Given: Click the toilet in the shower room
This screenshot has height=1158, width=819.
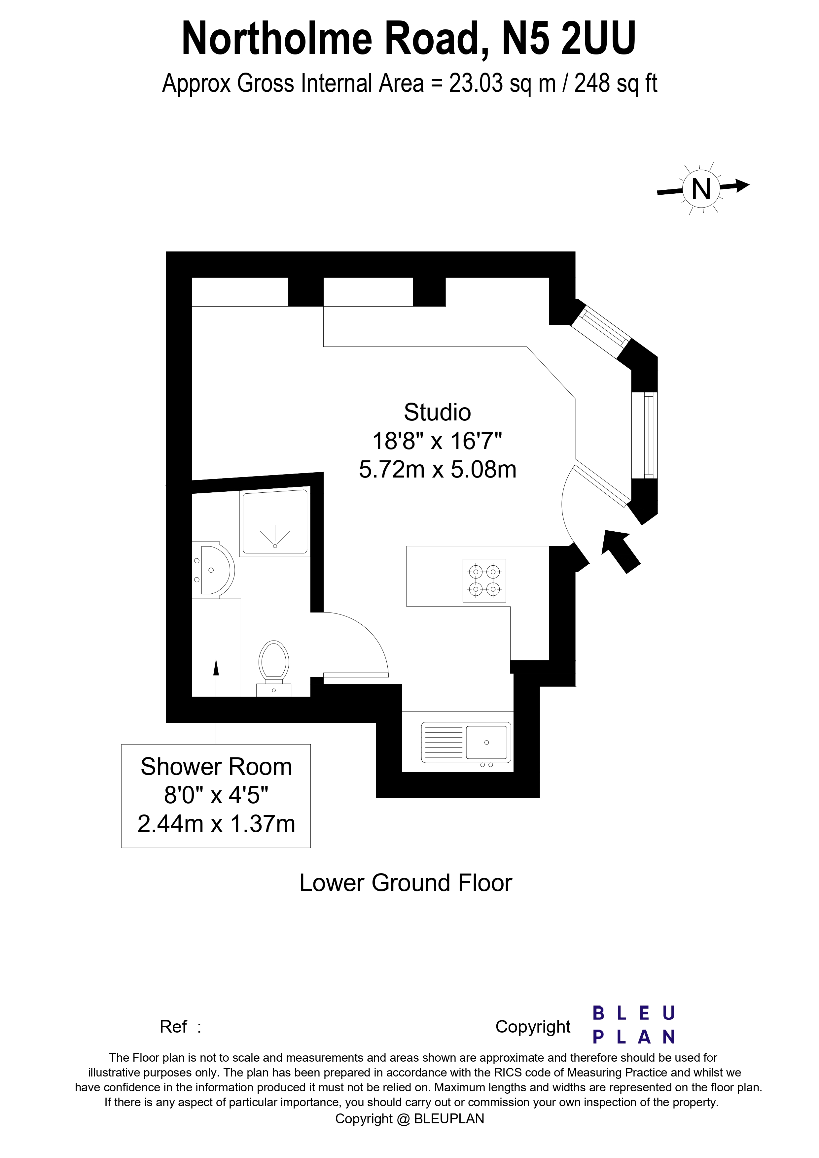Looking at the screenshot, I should pos(273,666).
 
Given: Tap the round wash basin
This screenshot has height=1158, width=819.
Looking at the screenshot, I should pos(216,571).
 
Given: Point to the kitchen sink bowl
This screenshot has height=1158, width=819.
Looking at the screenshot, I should pos(486,743).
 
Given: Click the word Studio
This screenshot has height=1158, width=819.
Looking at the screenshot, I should pos(437,412).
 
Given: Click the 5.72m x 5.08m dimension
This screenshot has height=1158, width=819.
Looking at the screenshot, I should pos(437,470).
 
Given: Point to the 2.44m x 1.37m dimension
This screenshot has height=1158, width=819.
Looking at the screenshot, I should pos(216,824).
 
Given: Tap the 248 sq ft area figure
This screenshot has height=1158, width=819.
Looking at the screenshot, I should pos(616,83).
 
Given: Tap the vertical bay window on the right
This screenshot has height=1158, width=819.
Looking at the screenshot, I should pos(650,436).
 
